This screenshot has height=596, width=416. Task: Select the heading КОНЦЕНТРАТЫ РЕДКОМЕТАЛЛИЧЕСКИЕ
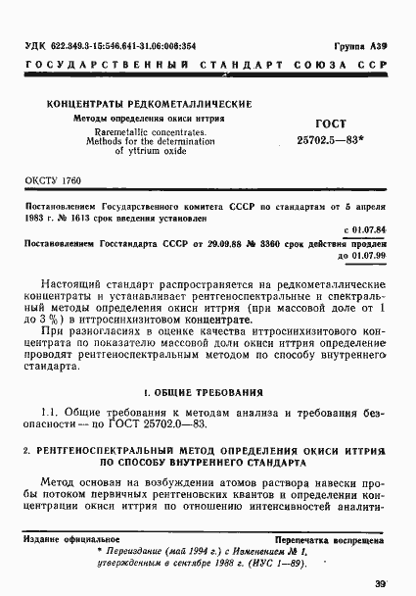click(x=149, y=104)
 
